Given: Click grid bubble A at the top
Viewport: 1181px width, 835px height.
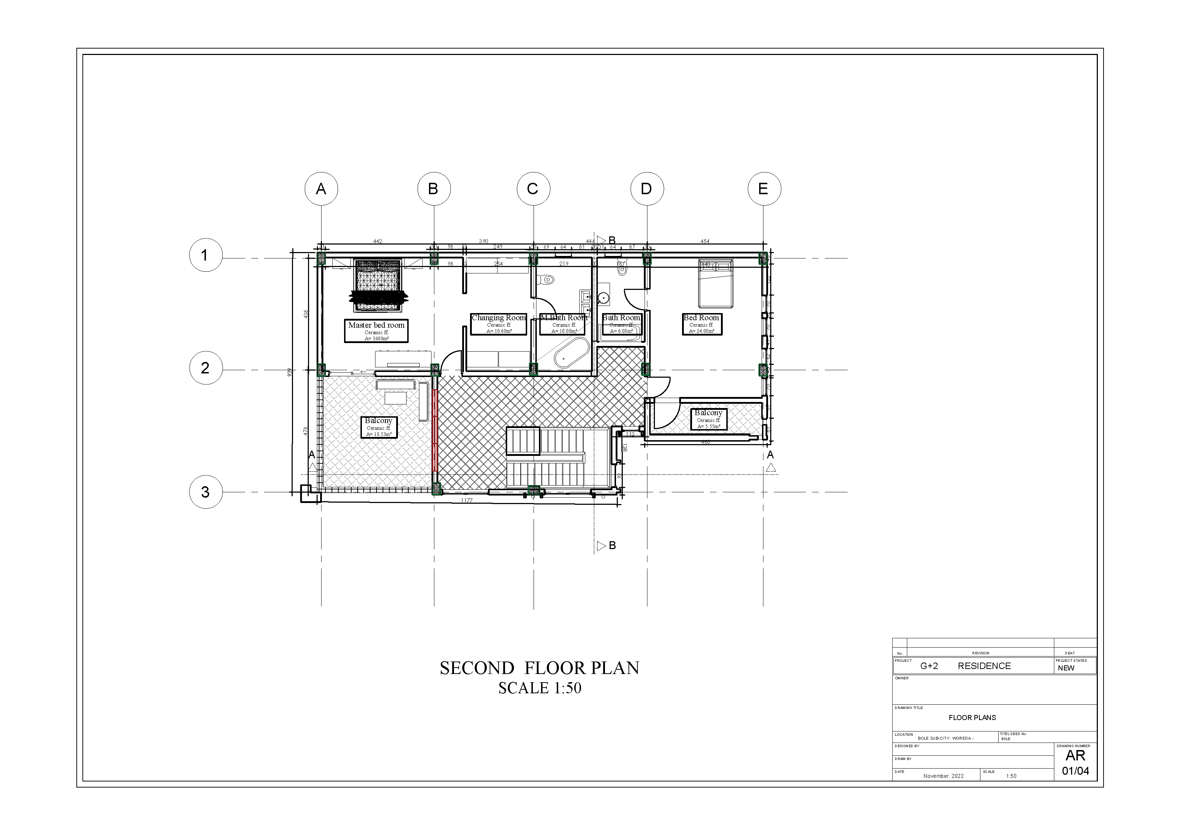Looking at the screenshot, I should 321,189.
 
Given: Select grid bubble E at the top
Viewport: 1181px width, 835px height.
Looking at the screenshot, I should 764,189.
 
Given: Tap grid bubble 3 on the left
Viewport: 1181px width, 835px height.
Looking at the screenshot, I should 205,492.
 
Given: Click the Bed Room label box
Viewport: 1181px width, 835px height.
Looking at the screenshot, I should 702,323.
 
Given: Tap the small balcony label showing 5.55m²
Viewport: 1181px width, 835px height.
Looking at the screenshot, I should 708,419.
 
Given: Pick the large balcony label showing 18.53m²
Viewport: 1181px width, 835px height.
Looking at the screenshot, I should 379,427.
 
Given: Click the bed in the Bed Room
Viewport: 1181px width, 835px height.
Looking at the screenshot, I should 715,283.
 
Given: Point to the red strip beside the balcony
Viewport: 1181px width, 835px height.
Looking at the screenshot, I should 435,430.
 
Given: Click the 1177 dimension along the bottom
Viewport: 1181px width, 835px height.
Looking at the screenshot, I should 466,500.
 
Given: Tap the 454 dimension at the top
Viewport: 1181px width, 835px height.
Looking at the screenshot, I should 705,241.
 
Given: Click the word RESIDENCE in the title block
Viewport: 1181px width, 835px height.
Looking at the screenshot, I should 984,666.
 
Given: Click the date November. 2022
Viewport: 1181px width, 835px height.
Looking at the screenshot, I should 943,776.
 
